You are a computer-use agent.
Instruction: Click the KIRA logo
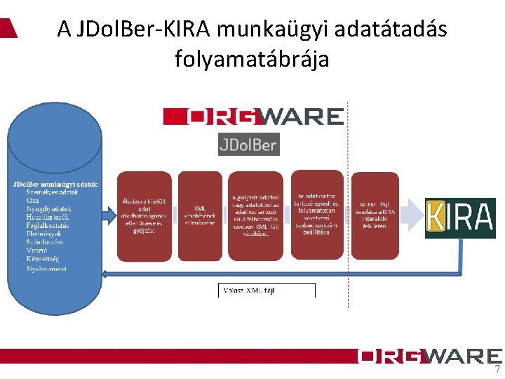tap(460, 218)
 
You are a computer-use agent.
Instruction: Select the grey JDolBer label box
tap(248, 145)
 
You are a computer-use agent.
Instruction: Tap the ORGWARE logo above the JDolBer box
tap(253, 117)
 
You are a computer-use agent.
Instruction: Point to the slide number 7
tap(497, 370)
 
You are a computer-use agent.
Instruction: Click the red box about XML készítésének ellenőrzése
tap(200, 215)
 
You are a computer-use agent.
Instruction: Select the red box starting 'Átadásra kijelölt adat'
tap(144, 215)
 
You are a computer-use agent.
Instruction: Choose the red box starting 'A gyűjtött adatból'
tap(256, 215)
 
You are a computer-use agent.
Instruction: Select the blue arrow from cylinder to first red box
tap(109, 213)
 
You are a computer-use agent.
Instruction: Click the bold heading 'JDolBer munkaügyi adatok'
tap(55, 184)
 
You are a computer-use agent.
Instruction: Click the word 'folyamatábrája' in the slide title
tap(252, 59)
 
